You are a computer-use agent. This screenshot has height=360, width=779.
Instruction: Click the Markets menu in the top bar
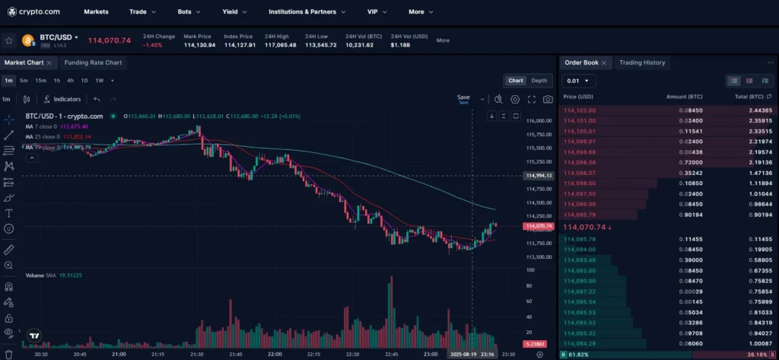click(x=96, y=12)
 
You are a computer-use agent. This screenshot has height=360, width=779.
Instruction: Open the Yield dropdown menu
click(x=234, y=12)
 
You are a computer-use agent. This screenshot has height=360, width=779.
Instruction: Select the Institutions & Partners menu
click(x=307, y=12)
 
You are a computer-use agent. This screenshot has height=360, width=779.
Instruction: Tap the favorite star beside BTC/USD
click(x=8, y=40)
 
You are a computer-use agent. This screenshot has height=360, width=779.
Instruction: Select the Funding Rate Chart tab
click(x=93, y=62)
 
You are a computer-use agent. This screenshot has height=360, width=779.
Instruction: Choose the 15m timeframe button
click(x=40, y=81)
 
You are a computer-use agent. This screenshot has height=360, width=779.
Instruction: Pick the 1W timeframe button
click(x=99, y=81)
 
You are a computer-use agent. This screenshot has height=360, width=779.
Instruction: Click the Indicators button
click(x=62, y=99)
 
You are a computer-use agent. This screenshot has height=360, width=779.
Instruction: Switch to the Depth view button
click(x=539, y=81)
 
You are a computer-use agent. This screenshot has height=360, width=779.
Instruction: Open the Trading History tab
click(x=642, y=62)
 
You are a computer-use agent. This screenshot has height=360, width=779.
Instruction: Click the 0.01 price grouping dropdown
click(x=578, y=81)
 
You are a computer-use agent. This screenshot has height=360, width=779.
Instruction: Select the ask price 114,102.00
click(x=580, y=110)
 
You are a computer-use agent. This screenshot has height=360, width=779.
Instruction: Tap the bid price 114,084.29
click(x=580, y=343)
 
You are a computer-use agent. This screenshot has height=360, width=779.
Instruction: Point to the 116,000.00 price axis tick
click(x=539, y=121)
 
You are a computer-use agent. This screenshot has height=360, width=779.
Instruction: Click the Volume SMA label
click(x=43, y=275)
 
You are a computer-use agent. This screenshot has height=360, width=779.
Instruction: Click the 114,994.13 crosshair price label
click(x=538, y=176)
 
